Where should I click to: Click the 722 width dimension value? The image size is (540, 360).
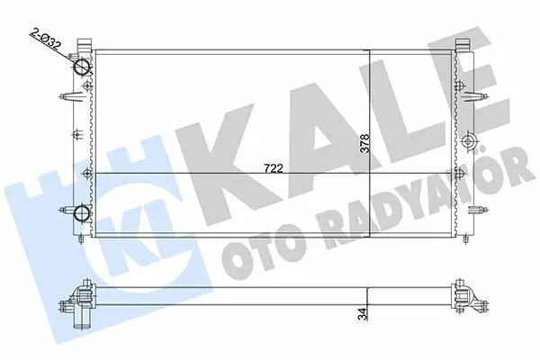pos(274,168)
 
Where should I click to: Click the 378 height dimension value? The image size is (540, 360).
pos(364,144)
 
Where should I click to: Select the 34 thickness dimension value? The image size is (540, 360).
pos(363,314)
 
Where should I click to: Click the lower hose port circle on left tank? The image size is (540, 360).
pos(83,212)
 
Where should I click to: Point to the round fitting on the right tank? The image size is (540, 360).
pos(468,141)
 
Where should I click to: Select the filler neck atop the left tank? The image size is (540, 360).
pos(85,44)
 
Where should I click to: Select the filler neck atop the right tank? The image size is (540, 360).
pos(463,44)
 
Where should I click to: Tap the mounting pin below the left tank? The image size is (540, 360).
pos(81,239)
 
